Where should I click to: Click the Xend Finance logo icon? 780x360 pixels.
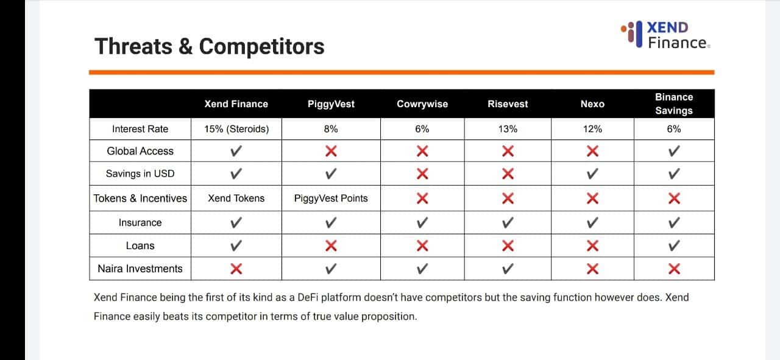pos(632,34)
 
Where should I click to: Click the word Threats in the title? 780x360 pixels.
pos(133,46)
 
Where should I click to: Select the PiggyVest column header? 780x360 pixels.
pos(331,104)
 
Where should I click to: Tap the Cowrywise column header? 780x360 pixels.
pos(422,104)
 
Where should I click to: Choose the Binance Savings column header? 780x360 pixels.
pos(674,104)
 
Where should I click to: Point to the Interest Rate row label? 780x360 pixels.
pos(140,129)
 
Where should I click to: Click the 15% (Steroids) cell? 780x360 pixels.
pos(236,129)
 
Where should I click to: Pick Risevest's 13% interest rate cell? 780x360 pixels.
pos(508,129)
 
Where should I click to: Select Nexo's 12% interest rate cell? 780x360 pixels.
pos(592,129)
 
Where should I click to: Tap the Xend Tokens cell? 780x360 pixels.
pos(236,198)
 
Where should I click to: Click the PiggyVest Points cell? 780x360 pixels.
pos(331,198)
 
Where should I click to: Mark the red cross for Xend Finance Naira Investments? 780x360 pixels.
pos(236,269)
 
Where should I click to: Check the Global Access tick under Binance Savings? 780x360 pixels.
pos(674,151)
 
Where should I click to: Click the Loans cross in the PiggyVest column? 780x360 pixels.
pos(331,246)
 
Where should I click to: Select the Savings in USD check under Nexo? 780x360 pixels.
pos(592,174)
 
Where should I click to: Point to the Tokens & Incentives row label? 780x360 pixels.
pos(140,198)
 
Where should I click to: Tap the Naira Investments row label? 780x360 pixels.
pos(140,269)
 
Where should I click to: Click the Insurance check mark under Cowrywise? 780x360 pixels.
pos(422,222)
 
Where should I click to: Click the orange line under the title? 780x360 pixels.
pos(402,72)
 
